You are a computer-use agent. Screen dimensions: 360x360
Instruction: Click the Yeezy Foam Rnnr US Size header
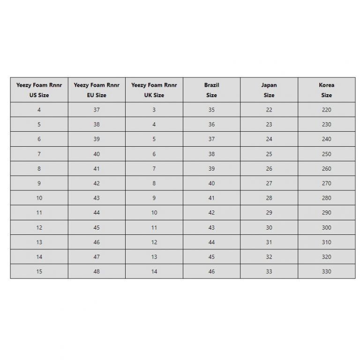[39, 90]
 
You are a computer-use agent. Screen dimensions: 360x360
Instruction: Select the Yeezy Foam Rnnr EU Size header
[97, 90]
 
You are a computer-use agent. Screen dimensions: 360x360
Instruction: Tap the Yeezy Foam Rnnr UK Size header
[154, 90]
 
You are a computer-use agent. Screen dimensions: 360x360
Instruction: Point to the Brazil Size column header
[211, 90]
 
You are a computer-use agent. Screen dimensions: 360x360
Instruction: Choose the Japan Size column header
[269, 90]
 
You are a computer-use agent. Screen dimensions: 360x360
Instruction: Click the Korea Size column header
[327, 90]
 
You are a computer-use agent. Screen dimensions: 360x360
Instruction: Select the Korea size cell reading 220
[327, 110]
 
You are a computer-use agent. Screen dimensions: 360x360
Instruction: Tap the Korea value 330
[327, 271]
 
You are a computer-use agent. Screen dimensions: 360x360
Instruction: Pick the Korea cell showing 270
[327, 183]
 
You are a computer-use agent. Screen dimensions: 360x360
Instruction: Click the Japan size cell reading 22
[269, 110]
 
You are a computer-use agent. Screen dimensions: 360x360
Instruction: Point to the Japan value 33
[269, 271]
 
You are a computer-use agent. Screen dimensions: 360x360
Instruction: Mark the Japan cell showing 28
[269, 198]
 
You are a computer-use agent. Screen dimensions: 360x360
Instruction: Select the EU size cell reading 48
[97, 271]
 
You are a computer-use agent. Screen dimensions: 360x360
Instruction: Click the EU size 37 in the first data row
[97, 110]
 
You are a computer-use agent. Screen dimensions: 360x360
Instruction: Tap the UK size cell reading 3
[154, 110]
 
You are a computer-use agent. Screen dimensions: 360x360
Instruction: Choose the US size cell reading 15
[39, 271]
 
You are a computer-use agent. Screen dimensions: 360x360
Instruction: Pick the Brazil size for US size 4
[211, 110]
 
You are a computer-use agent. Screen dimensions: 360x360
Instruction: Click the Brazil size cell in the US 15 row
[211, 271]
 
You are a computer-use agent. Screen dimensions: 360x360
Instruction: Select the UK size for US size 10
[154, 198]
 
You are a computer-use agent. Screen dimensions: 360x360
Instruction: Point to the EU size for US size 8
[97, 169]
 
